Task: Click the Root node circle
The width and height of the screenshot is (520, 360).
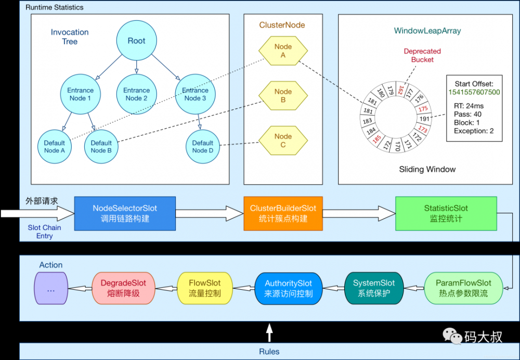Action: [x=136, y=41]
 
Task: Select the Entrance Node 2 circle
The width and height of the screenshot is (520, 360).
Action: [x=136, y=94]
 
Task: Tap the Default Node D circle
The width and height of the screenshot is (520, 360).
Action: [x=203, y=147]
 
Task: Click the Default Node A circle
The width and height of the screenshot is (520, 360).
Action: [x=55, y=147]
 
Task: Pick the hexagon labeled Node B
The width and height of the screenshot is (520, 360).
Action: [x=283, y=96]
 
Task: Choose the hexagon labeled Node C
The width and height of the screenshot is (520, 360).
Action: [x=283, y=140]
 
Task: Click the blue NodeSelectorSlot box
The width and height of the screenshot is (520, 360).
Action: [x=125, y=213]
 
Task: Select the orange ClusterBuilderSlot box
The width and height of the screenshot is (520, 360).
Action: [x=283, y=213]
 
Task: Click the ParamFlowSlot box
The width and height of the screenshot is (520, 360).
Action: [x=463, y=288]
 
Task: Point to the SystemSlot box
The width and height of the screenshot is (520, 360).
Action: [x=373, y=288]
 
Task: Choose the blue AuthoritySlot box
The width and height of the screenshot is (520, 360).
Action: [x=289, y=288]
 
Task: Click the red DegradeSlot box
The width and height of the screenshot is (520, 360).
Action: [x=123, y=288]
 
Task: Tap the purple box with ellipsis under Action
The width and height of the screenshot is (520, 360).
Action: [x=51, y=288]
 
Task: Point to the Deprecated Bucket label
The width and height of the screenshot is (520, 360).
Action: [x=422, y=55]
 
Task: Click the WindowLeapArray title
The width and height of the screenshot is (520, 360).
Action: [x=427, y=31]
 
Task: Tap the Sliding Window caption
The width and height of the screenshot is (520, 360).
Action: [x=427, y=169]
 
